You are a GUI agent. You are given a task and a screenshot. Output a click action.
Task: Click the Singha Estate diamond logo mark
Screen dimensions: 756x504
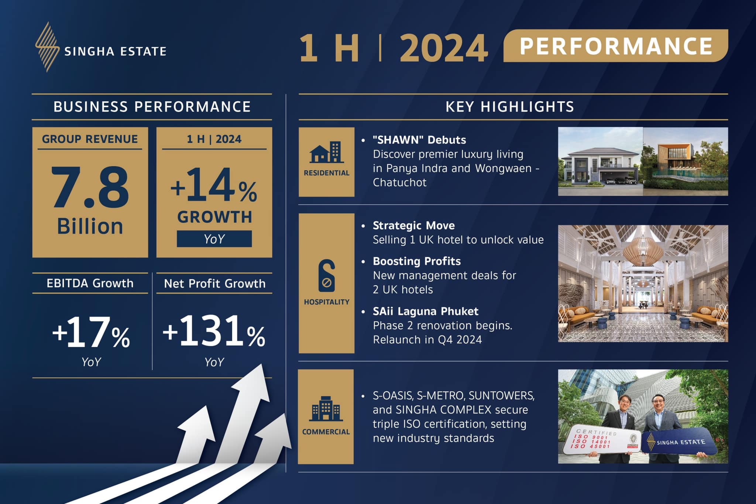[47, 47]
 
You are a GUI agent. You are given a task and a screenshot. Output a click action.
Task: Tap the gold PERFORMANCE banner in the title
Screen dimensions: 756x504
[616, 46]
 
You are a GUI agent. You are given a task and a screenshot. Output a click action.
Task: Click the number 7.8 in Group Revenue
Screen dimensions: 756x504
[90, 187]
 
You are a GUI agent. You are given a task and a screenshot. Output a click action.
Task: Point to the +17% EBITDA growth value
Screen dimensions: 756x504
[91, 332]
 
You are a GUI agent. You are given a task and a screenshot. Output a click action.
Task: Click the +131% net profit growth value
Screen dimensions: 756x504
[214, 331]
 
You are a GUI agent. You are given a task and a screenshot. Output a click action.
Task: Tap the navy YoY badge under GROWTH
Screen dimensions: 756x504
[214, 239]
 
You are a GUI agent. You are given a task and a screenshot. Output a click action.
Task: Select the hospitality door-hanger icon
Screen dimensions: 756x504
[327, 275]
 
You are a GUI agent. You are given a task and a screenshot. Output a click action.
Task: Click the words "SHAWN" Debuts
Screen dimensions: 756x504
[419, 140]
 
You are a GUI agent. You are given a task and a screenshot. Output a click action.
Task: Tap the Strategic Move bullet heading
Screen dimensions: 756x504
[414, 225]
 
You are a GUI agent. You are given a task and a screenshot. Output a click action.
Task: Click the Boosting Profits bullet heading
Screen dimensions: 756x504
[417, 261]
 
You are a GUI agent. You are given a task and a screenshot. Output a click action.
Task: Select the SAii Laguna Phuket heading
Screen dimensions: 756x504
[426, 311]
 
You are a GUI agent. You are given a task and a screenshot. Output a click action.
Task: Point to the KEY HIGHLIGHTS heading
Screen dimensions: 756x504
[510, 107]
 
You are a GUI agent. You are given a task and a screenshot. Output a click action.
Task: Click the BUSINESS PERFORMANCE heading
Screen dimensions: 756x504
[152, 107]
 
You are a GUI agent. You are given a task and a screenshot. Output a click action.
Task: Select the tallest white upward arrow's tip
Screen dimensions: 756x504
[262, 364]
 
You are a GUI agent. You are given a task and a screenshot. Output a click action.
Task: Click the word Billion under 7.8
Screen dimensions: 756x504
[90, 226]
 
